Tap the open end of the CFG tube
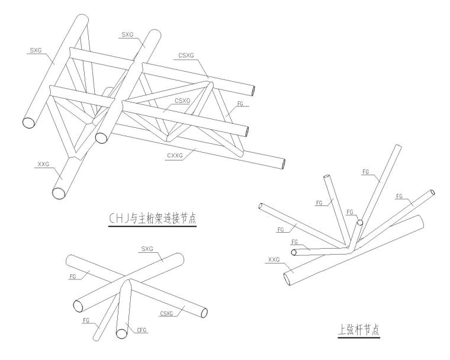[121, 333]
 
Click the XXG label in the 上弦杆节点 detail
[274, 259]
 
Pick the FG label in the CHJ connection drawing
[239, 104]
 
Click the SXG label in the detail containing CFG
[146, 249]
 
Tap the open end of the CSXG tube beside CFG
[203, 312]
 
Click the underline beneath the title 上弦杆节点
[359, 339]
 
